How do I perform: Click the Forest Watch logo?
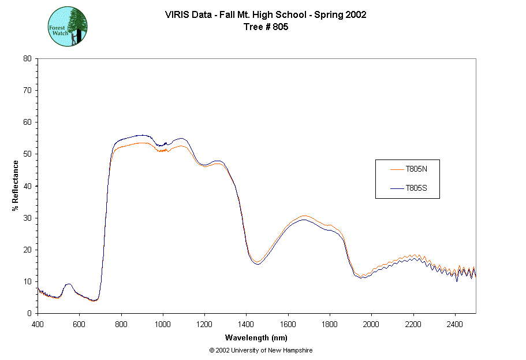click(67, 27)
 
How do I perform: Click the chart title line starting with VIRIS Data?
click(265, 15)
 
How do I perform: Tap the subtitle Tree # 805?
click(265, 27)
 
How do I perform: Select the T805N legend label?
click(416, 169)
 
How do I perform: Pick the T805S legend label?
click(416, 188)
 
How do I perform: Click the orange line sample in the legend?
click(396, 169)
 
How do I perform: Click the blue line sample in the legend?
click(396, 188)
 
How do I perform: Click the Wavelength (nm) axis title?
click(256, 338)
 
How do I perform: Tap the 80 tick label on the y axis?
click(27, 58)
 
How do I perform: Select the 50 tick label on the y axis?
click(27, 154)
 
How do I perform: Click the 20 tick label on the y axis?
click(27, 250)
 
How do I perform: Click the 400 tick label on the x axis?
click(38, 324)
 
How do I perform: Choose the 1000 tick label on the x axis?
click(163, 324)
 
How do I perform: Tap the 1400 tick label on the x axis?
click(247, 324)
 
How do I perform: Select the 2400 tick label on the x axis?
click(455, 324)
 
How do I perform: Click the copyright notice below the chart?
click(261, 350)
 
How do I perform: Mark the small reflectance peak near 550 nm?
click(69, 284)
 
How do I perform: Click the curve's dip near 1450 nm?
click(258, 263)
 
